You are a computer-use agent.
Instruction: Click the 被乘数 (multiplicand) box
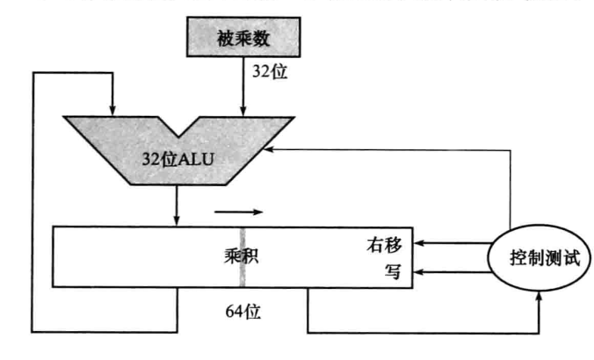pos(242,40)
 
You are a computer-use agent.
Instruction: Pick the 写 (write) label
pos(393,271)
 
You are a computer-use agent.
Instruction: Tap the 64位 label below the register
pos(243,310)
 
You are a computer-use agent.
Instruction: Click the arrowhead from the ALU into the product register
pos(177,220)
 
